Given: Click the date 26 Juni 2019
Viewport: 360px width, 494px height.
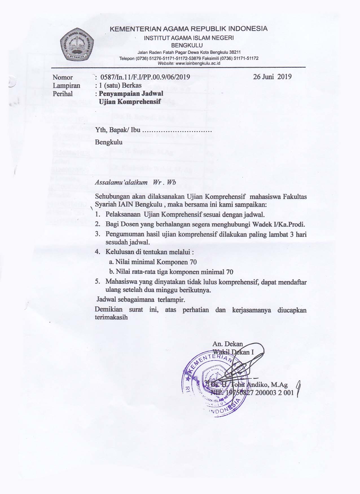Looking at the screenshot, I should coord(272,77).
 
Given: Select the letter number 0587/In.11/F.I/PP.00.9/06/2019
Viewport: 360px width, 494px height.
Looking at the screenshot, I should coord(145,77).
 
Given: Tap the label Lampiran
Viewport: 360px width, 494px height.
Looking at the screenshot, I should coord(66,85).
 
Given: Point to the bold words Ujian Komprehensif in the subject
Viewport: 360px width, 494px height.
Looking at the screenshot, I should coord(130,102).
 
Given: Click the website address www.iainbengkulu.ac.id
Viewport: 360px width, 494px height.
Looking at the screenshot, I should coord(197,63).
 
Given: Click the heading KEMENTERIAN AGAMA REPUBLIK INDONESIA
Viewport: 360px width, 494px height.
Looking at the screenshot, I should coord(188,29).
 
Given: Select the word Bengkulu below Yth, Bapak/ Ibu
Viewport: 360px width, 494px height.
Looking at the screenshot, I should coord(109,142).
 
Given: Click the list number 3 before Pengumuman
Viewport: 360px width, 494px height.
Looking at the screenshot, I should coord(98,234).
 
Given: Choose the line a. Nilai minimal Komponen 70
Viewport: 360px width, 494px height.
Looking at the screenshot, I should coord(153,262).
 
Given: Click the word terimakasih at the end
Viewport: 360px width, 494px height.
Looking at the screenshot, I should coord(111,317).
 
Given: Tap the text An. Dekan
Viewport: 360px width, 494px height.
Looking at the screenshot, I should coord(227,344).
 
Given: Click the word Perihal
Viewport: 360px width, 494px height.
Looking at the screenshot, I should coord(63,94).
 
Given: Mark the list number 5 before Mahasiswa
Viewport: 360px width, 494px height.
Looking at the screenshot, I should coord(98,281).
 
